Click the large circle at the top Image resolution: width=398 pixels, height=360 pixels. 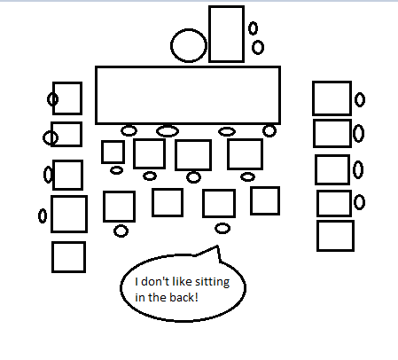point(171,46)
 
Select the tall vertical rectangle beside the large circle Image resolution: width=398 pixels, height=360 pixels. point(209,34)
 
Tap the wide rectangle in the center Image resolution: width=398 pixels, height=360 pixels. point(96,95)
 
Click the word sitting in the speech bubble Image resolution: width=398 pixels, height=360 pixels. point(212,282)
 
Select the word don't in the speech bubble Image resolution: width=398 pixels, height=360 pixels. point(154,281)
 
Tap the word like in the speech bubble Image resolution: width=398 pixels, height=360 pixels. point(182,281)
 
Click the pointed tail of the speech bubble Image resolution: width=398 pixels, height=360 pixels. point(217,246)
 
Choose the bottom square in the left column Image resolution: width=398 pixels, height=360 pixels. point(52,257)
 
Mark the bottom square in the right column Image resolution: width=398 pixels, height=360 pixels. point(317,236)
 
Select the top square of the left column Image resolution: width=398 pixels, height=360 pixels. point(53,98)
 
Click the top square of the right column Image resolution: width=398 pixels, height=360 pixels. point(313,98)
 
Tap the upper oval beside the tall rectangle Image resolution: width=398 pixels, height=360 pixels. point(249,28)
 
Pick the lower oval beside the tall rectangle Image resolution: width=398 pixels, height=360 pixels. point(253,47)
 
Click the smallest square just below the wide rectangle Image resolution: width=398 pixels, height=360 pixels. point(102,152)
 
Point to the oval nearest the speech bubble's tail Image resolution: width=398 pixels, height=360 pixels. point(216,229)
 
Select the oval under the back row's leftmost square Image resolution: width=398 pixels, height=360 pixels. point(114,231)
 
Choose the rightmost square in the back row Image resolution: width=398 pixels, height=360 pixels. point(251,200)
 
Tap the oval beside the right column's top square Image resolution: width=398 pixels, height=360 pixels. point(355,99)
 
